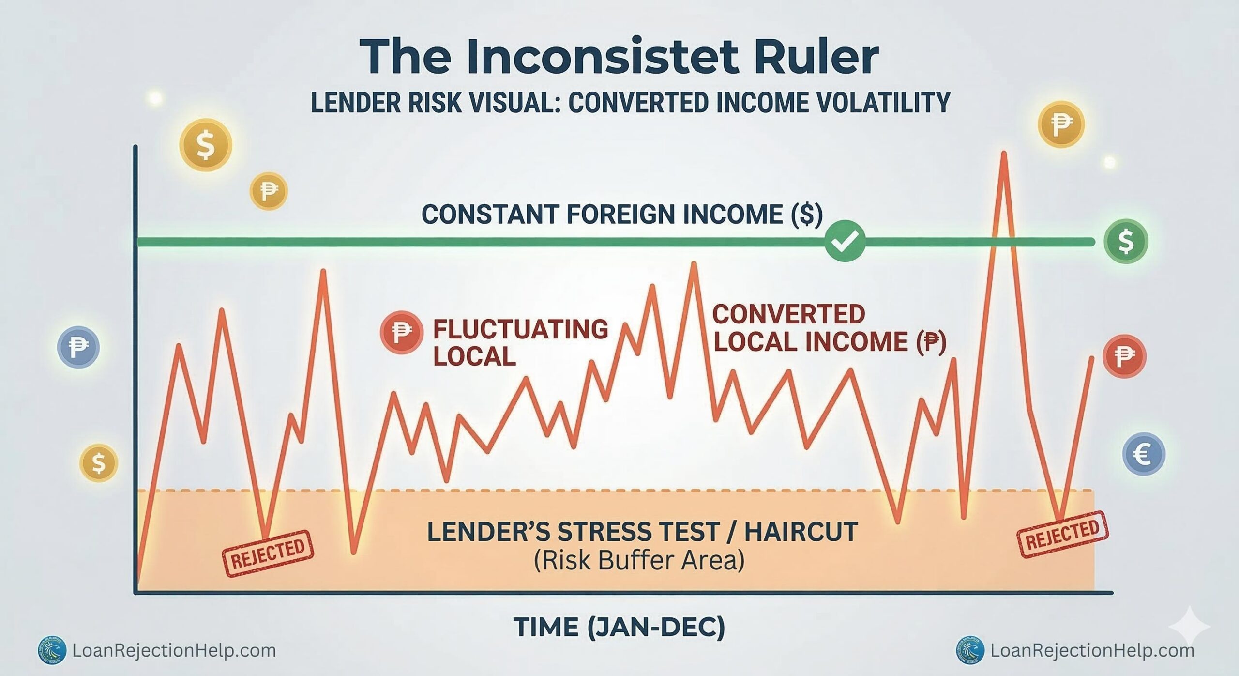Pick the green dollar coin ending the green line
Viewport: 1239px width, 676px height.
[1126, 241]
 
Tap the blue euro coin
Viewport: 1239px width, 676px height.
[1143, 454]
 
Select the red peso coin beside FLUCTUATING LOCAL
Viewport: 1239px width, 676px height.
[401, 332]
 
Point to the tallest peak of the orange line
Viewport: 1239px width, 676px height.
[1003, 155]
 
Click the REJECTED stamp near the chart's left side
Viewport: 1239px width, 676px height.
[268, 553]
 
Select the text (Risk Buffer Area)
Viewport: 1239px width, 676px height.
[639, 561]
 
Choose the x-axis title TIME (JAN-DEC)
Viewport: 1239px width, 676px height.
[619, 627]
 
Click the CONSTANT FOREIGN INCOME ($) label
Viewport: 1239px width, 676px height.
[622, 215]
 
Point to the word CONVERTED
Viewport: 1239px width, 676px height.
[788, 314]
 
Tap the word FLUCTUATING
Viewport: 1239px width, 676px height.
[520, 329]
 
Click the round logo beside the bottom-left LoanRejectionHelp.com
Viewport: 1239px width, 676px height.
[52, 650]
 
